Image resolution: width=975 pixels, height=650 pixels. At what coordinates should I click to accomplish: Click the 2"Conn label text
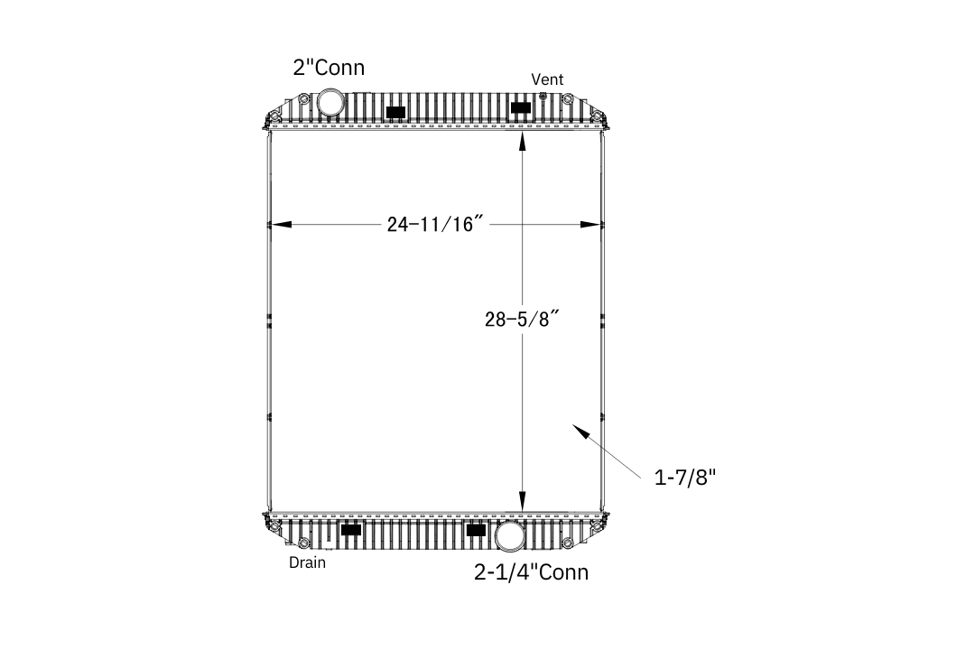(x=329, y=67)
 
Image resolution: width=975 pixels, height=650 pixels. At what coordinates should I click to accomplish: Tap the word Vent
(x=547, y=79)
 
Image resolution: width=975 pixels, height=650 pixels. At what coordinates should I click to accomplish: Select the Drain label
(x=307, y=563)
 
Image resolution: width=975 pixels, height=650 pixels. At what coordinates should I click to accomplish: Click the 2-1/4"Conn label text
(x=531, y=572)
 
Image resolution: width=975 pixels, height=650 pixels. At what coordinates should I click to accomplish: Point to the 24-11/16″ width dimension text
(x=435, y=224)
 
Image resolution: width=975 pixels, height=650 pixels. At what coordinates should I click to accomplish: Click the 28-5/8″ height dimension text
(x=523, y=319)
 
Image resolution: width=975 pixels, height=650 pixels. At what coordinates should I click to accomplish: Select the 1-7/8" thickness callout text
(x=685, y=478)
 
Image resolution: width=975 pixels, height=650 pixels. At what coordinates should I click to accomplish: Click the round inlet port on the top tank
(x=330, y=101)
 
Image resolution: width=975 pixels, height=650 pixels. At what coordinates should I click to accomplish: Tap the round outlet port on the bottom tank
(x=510, y=535)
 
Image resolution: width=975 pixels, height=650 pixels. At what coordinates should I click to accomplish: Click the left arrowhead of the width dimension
(x=280, y=225)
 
